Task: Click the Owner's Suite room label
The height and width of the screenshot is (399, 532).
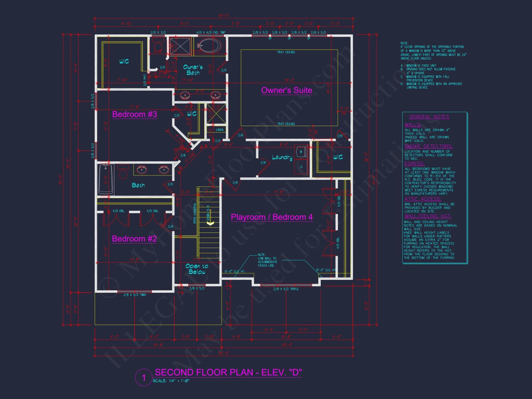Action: click(x=286, y=90)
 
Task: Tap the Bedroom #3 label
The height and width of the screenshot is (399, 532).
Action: click(x=135, y=114)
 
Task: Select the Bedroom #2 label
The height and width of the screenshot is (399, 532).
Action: click(x=134, y=239)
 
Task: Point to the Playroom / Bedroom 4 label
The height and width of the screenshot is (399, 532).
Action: click(x=272, y=217)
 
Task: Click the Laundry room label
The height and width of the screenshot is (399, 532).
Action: click(x=282, y=157)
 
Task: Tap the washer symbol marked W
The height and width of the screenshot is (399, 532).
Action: click(x=301, y=152)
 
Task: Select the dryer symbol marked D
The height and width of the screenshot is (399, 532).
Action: click(x=301, y=167)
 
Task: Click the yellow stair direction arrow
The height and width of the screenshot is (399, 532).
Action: click(x=210, y=224)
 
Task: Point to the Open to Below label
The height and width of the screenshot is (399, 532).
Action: click(x=197, y=269)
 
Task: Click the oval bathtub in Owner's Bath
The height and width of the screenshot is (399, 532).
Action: click(x=210, y=46)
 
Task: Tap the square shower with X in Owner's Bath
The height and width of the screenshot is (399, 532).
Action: click(x=180, y=46)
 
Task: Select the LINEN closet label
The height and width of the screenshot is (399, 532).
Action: click(x=219, y=130)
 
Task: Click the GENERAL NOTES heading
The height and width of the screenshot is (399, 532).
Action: click(x=429, y=117)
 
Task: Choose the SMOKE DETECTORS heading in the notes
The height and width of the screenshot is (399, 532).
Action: click(x=428, y=146)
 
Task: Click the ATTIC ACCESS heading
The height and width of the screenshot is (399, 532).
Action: click(x=422, y=199)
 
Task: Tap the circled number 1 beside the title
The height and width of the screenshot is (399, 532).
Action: click(x=144, y=377)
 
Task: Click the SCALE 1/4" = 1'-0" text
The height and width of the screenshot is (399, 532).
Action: click(x=171, y=381)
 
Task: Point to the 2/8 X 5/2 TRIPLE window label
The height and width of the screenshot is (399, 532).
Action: click(x=286, y=289)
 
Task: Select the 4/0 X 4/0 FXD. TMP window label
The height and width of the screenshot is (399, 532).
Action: click(x=211, y=32)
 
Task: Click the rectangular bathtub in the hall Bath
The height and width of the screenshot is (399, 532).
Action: click(x=106, y=179)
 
